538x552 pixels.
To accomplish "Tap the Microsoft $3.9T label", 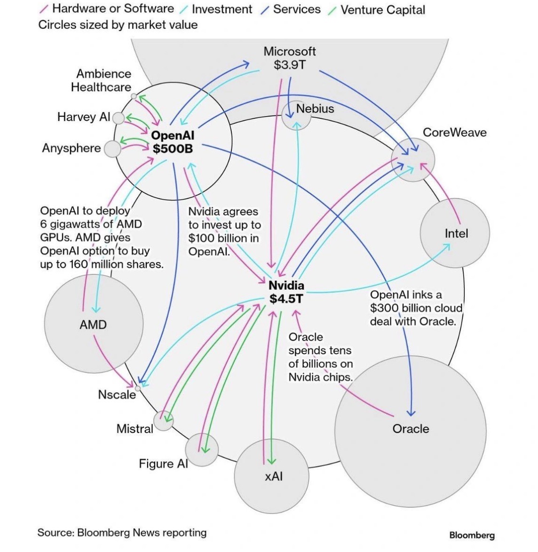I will (289, 58).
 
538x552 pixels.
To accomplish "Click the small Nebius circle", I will (296, 115).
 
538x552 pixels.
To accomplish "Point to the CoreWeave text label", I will (454, 133).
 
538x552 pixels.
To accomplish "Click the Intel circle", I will (455, 233).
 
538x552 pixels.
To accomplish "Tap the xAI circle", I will (272, 476).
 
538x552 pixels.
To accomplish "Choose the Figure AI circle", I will (202, 450).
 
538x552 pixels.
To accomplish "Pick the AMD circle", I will (93, 324).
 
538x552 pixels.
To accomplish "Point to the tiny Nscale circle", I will (138, 388).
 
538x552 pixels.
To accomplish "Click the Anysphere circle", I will (112, 149).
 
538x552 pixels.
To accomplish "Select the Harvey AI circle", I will (119, 118).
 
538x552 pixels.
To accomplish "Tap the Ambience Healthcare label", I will (101, 80).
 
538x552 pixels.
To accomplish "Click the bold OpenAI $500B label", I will (172, 142).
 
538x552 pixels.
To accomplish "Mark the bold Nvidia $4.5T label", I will (286, 292).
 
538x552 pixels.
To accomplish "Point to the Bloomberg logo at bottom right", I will (472, 535).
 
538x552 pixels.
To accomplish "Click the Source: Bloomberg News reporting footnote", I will (122, 533).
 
